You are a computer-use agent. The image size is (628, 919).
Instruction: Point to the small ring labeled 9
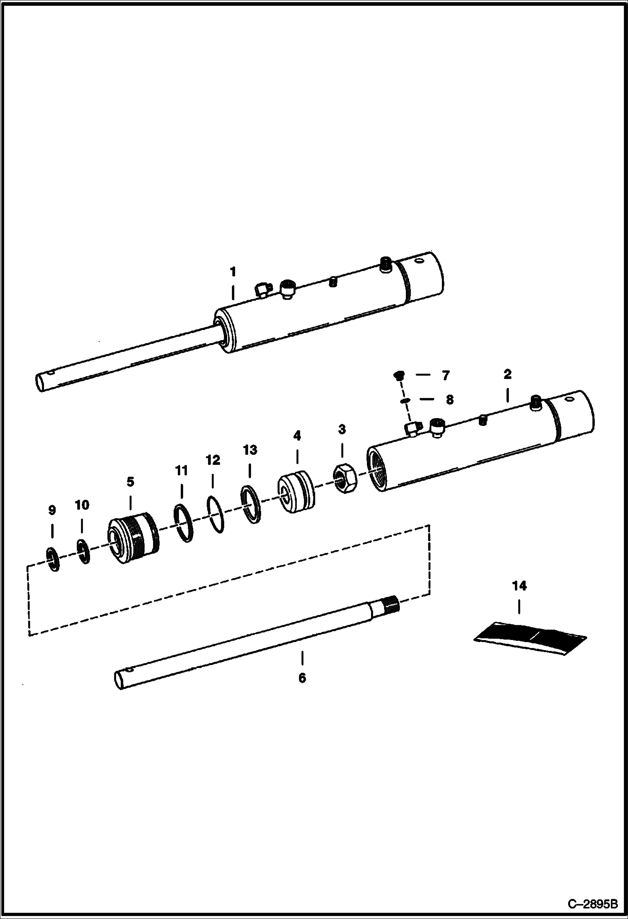[x=53, y=558]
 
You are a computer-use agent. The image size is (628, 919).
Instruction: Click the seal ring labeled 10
[x=83, y=552]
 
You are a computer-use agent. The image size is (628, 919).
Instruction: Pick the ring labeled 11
[x=184, y=523]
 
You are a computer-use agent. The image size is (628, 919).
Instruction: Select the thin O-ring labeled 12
[x=215, y=514]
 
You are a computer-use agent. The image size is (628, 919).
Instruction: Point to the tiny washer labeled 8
[x=405, y=401]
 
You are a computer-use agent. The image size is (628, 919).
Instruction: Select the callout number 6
[x=302, y=677]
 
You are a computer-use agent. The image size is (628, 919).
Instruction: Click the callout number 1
[x=233, y=272]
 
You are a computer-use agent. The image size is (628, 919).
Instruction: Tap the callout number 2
[x=507, y=374]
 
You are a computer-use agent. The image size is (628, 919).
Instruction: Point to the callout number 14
[x=519, y=586]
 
